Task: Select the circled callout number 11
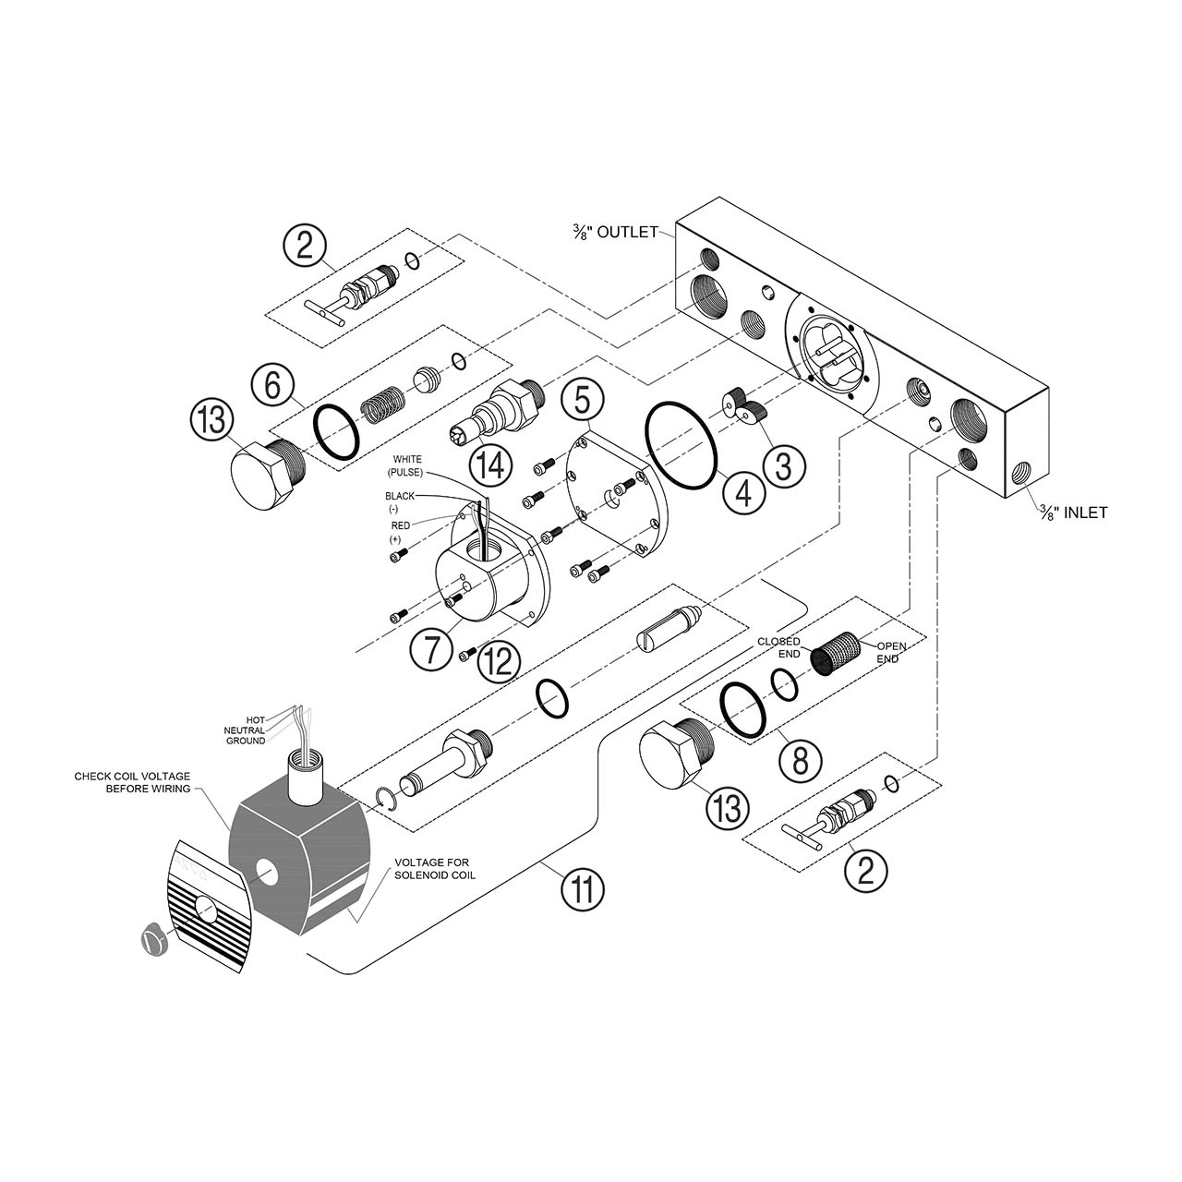(584, 890)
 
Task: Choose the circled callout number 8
(800, 760)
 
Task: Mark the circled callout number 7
(431, 649)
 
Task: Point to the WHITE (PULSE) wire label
(407, 465)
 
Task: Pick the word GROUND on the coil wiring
(246, 741)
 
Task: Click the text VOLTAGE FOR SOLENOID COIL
(434, 869)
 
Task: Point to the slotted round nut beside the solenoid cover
(154, 939)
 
